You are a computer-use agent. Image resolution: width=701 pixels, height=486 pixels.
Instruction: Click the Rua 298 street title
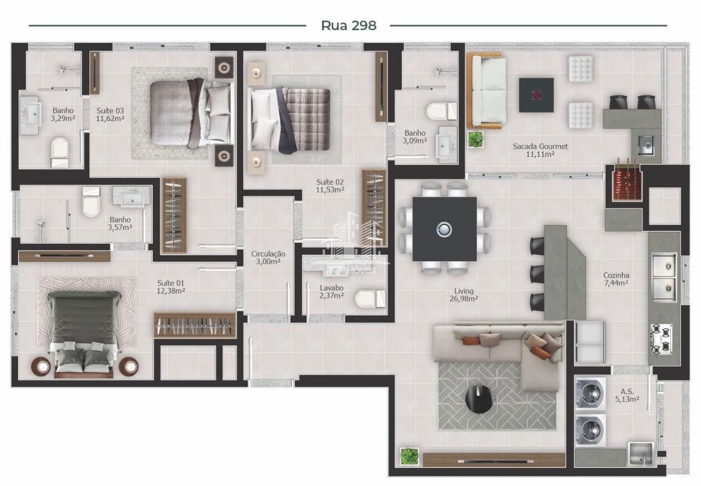coord(349,26)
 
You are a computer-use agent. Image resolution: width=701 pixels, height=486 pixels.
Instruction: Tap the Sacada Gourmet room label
coord(540,146)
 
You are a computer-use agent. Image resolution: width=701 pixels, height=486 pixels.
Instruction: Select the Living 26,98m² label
coord(464,295)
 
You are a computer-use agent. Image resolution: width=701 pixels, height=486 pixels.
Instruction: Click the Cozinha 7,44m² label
coord(616,279)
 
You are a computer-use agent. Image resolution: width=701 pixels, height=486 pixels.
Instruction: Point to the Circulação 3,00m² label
coord(268,258)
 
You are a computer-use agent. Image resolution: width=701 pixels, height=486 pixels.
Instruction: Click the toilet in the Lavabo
coord(371,299)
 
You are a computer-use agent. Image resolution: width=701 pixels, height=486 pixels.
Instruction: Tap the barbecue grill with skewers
coord(627,182)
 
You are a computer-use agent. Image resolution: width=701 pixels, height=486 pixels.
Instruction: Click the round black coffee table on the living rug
coord(479,399)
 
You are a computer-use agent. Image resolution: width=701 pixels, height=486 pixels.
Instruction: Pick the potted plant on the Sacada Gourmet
coord(475,139)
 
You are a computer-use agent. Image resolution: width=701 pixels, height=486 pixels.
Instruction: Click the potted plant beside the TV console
coord(409,456)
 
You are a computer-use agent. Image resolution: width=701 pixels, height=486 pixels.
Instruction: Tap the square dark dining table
coord(444,229)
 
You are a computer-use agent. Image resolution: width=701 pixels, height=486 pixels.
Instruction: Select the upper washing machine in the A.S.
coord(590,393)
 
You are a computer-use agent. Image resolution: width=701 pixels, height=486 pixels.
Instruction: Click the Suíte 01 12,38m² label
coord(171,287)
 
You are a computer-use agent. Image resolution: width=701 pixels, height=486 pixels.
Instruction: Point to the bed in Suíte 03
coord(192,113)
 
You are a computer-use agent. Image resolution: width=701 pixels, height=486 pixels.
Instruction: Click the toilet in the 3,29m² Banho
coord(60,153)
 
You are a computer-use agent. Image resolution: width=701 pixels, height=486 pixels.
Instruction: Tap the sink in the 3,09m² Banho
coord(445,146)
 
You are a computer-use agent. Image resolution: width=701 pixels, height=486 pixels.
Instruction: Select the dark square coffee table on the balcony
coord(536,95)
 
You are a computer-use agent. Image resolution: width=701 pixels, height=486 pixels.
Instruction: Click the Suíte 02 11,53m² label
coord(330,186)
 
